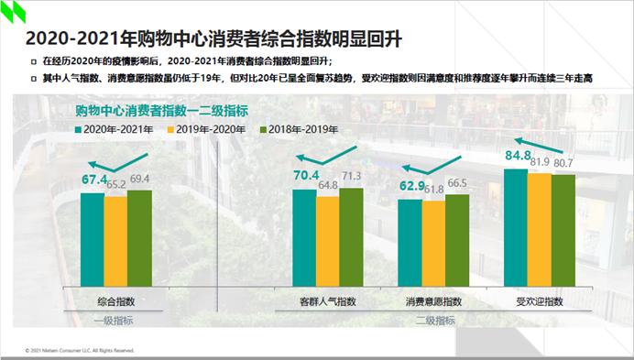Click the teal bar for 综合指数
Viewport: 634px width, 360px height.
click(x=92, y=239)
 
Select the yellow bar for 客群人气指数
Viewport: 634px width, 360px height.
click(x=327, y=242)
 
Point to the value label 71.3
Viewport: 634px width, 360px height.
click(x=351, y=176)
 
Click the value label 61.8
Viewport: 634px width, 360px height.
click(x=433, y=189)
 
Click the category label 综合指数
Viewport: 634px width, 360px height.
click(x=115, y=300)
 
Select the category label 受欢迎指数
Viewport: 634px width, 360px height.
click(x=539, y=300)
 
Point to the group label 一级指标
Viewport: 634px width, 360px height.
click(x=115, y=320)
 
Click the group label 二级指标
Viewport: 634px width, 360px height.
click(x=434, y=320)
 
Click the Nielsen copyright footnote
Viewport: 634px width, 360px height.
click(x=80, y=349)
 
